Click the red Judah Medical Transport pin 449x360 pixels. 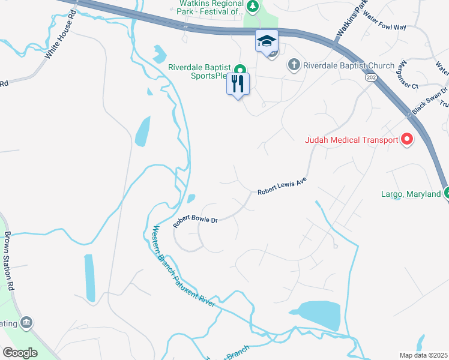click(406, 140)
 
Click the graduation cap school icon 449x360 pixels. click(267, 41)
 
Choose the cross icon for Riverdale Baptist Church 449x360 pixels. click(294, 64)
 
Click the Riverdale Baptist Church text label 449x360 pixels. click(349, 65)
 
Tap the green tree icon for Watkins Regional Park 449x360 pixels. click(253, 7)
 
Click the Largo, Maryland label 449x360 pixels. click(411, 194)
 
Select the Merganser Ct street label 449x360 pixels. click(409, 74)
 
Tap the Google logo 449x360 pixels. click(19, 352)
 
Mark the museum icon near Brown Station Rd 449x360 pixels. click(26, 323)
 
